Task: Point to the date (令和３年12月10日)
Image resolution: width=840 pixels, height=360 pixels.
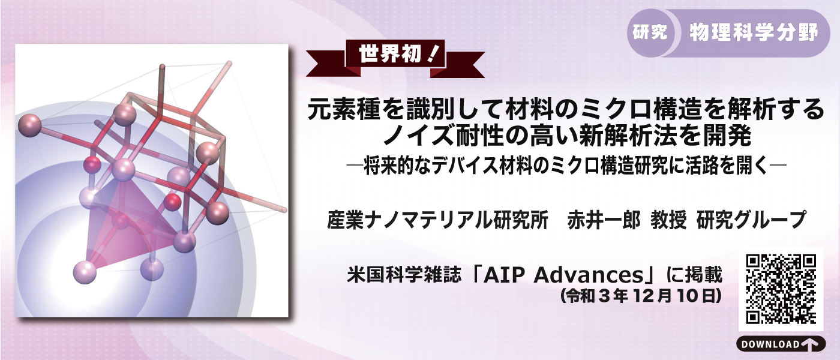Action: pyautogui.click(x=639, y=296)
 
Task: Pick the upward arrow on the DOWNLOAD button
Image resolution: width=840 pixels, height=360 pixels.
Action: pyautogui.click(x=809, y=344)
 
